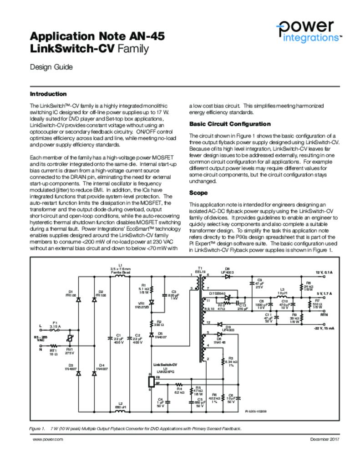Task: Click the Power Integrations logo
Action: pos(309,31)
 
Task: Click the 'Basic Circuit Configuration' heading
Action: pos(229,124)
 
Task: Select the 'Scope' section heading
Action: pos(198,193)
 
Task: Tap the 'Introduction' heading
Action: pos(48,94)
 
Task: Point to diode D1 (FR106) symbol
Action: pos(78,300)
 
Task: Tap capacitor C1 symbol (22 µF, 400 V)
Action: pos(109,338)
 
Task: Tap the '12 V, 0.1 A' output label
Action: pos(325,272)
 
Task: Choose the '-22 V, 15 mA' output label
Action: pos(324,328)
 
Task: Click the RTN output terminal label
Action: pos(324,314)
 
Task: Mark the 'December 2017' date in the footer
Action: pos(325,439)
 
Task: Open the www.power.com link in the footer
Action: pos(47,439)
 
